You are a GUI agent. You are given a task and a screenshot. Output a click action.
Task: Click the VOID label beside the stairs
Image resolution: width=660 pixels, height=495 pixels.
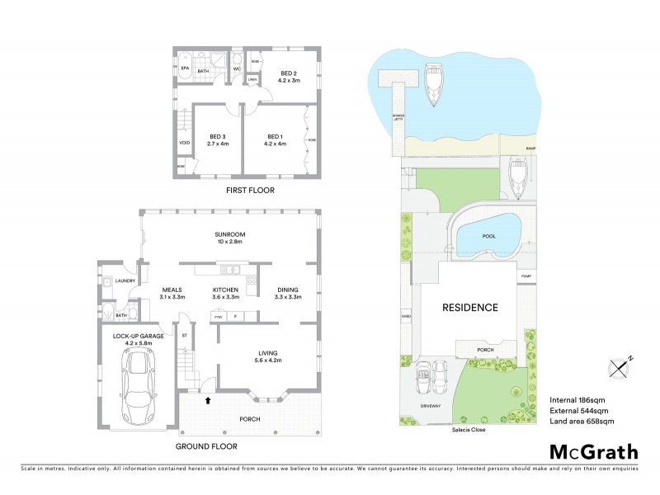(184, 143)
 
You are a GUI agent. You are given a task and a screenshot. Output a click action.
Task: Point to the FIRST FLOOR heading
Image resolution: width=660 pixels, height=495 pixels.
(250, 191)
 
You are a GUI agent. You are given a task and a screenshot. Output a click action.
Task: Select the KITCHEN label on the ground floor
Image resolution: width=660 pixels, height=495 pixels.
(225, 294)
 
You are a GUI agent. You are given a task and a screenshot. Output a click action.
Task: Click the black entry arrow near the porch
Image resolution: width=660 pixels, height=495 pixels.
(208, 400)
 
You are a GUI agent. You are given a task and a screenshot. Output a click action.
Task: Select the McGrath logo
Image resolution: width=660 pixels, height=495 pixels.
(593, 451)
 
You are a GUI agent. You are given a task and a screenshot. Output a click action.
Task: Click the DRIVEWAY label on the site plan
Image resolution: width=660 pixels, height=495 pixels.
(434, 406)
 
